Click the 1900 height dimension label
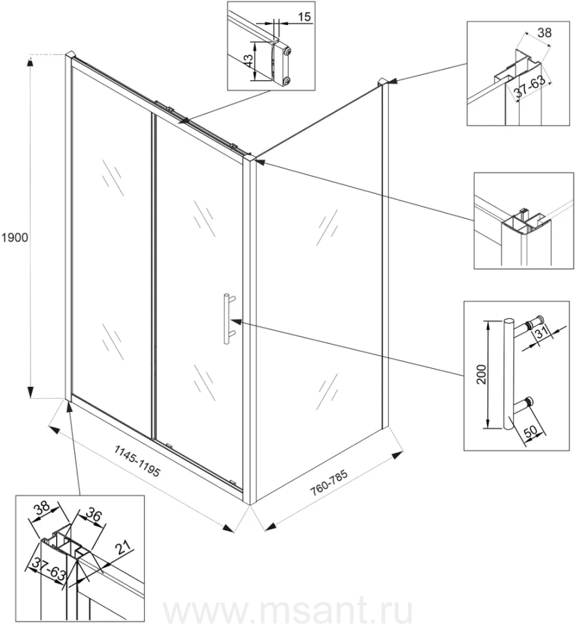tap(14, 238)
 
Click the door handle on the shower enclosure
tap(227, 318)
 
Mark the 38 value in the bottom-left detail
tap(42, 508)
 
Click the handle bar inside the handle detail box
tap(509, 375)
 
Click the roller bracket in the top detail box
tap(283, 64)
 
